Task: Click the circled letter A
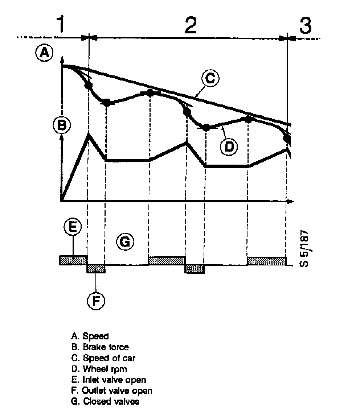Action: [44, 53]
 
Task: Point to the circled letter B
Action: [62, 125]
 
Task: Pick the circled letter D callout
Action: [229, 146]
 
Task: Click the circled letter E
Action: [73, 227]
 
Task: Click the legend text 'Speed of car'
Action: [104, 358]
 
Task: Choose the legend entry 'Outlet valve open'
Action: [112, 391]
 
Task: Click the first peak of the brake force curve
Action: [89, 135]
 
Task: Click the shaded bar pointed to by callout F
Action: [96, 269]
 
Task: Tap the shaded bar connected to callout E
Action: [73, 260]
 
